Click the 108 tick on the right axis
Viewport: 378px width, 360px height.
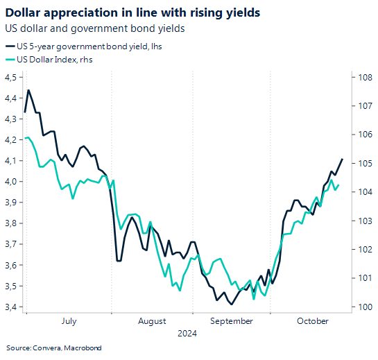(363, 78)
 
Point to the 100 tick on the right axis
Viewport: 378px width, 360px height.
(363, 307)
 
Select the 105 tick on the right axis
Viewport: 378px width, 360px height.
(363, 164)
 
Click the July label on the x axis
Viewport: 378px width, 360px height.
(69, 321)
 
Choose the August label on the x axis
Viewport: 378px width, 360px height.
(152, 321)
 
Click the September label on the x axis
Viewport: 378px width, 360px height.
(232, 321)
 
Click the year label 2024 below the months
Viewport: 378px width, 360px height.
(186, 333)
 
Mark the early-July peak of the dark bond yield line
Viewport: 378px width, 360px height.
(28, 90)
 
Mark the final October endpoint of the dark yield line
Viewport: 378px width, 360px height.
(343, 159)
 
